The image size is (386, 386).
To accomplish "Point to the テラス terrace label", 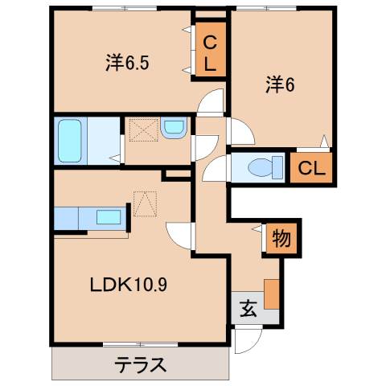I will point(138,364).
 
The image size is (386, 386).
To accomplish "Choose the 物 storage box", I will point(281,239).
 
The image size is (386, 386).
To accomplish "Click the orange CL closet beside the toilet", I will point(312,168).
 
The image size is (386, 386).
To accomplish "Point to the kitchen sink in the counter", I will point(107,216).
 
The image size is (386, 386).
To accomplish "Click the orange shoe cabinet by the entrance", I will point(272,294).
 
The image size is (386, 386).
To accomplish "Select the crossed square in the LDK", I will point(145,203).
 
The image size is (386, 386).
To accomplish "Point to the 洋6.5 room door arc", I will point(211,103).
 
